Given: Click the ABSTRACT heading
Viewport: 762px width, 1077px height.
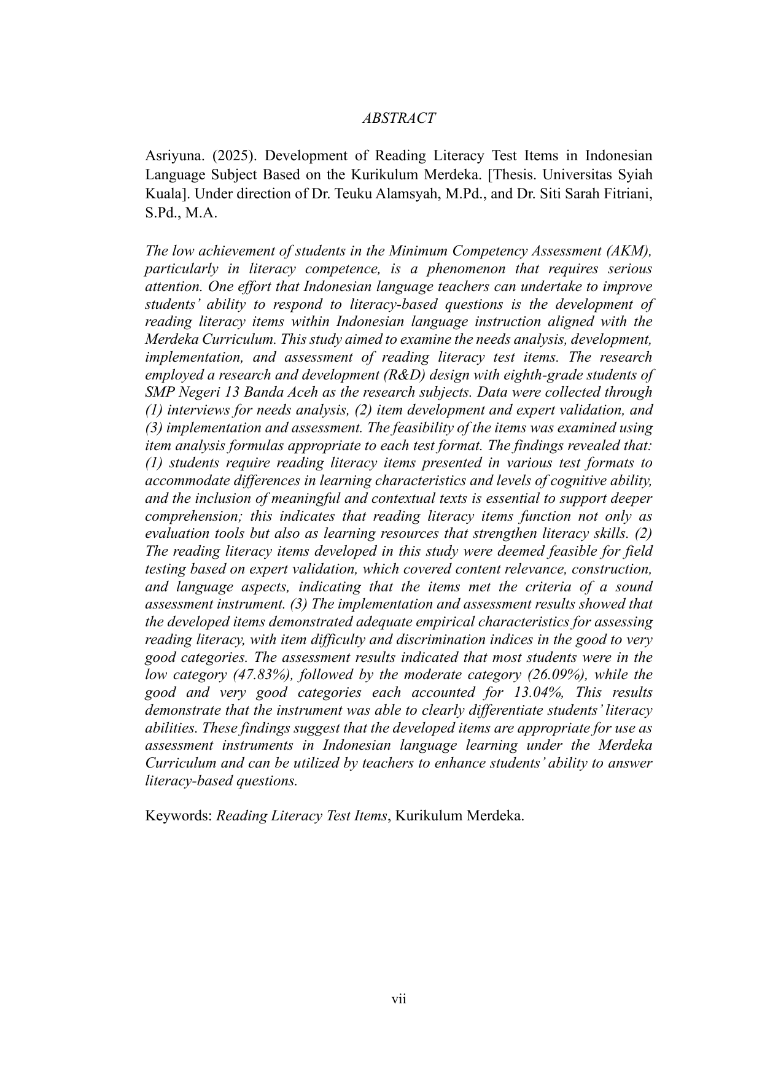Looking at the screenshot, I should coord(398,119).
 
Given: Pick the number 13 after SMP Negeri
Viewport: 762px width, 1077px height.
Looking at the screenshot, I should coord(240,392).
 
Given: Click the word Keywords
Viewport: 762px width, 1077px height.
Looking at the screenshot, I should coord(177,816).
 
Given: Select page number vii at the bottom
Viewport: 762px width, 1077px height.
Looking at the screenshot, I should coord(399,999).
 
